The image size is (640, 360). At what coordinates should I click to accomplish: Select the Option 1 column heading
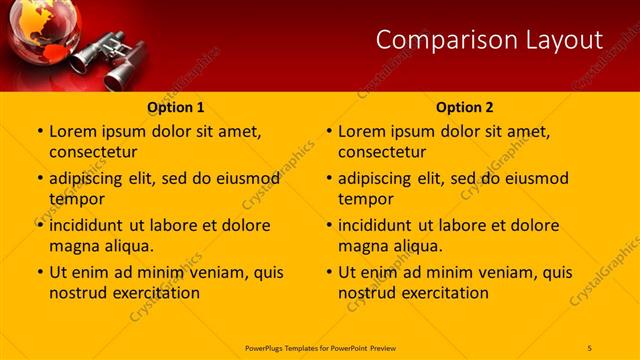coord(176,107)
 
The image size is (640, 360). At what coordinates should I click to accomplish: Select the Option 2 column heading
coord(465,107)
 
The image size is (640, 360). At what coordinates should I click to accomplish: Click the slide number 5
coord(590,347)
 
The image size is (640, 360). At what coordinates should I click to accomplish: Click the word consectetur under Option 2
coord(383,152)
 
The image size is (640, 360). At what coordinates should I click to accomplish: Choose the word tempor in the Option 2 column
coord(366,199)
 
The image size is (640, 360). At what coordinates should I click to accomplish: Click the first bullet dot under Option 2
coord(329,132)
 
